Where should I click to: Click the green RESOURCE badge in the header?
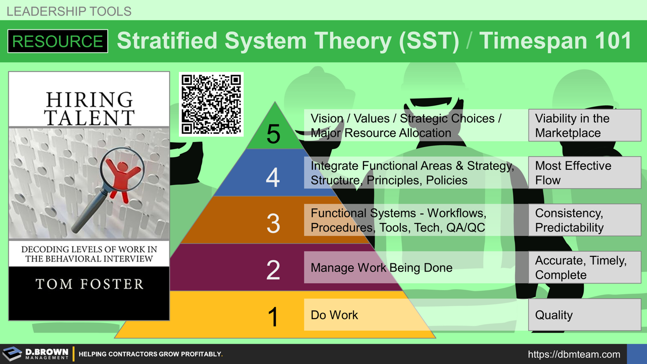pos(58,41)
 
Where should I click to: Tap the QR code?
pos(211,104)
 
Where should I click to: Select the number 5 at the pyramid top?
pos(273,134)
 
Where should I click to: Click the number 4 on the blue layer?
pos(273,177)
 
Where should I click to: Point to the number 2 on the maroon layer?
pos(273,270)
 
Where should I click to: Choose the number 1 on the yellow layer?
pos(273,316)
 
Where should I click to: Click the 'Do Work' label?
pos(334,315)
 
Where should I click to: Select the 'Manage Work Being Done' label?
pos(381,267)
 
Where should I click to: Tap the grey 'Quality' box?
pos(584,315)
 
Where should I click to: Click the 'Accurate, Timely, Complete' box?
pos(584,267)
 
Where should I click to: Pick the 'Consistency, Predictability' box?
pos(584,220)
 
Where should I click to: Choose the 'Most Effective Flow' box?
pos(584,173)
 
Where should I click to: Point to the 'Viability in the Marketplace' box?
pos(584,125)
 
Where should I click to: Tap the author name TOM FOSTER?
pos(89,284)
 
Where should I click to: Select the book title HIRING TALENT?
pos(89,108)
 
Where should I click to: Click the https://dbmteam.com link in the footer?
pos(574,354)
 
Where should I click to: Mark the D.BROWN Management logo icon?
pos(12,354)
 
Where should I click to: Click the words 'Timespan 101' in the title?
pos(555,41)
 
